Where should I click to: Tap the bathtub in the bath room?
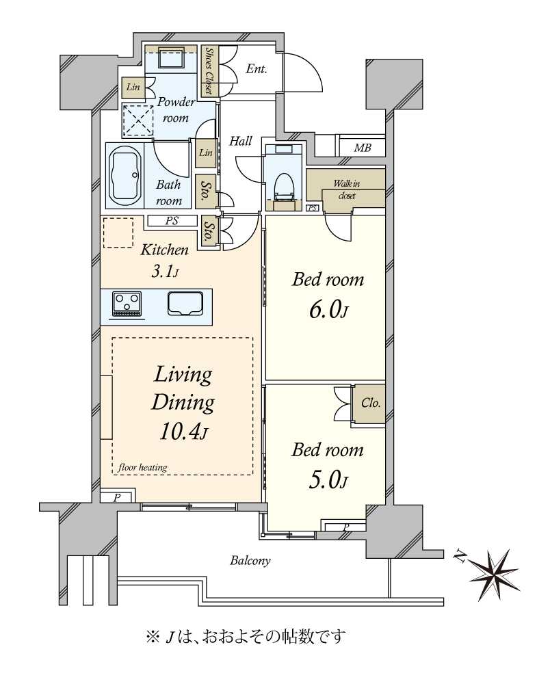(125, 175)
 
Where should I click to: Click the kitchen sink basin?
(185, 304)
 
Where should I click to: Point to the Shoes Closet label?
(209, 70)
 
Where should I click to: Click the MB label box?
(362, 148)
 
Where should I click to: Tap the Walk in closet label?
(347, 189)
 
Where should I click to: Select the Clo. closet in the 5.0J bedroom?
(370, 404)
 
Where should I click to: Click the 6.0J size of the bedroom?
(328, 310)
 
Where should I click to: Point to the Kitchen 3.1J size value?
(165, 272)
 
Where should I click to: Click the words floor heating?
(142, 467)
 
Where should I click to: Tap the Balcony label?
(250, 561)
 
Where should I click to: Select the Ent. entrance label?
(257, 68)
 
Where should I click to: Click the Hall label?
(240, 141)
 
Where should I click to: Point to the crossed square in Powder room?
(138, 120)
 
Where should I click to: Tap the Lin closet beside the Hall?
(206, 153)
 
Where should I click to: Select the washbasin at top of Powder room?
(172, 57)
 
